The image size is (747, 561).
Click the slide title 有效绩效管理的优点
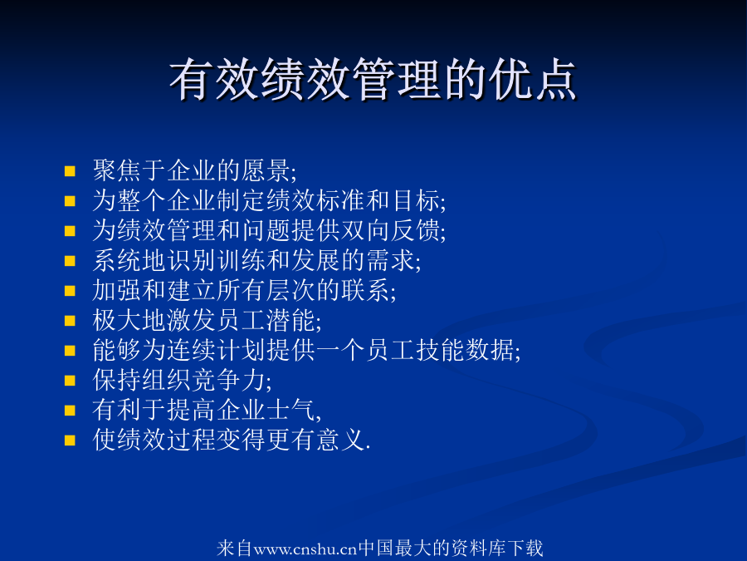(373, 80)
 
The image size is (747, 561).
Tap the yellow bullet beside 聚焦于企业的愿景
(70, 170)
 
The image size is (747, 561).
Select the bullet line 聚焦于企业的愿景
(194, 170)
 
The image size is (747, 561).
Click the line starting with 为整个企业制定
(269, 200)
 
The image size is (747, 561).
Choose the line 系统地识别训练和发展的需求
(256, 260)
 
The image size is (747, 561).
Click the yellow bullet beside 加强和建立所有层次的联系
(70, 291)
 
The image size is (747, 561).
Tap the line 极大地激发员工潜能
(207, 320)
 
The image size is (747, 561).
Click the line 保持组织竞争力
(182, 380)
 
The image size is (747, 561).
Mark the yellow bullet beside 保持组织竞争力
(70, 380)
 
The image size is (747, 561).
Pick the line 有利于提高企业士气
(207, 411)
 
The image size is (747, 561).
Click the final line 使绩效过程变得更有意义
(232, 440)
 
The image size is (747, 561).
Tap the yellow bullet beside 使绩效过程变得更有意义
(70, 440)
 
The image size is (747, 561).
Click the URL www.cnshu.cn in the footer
(305, 549)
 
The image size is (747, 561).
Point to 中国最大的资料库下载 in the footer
(450, 548)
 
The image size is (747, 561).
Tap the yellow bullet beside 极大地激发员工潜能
(70, 320)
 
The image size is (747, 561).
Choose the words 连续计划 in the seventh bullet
(217, 350)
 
